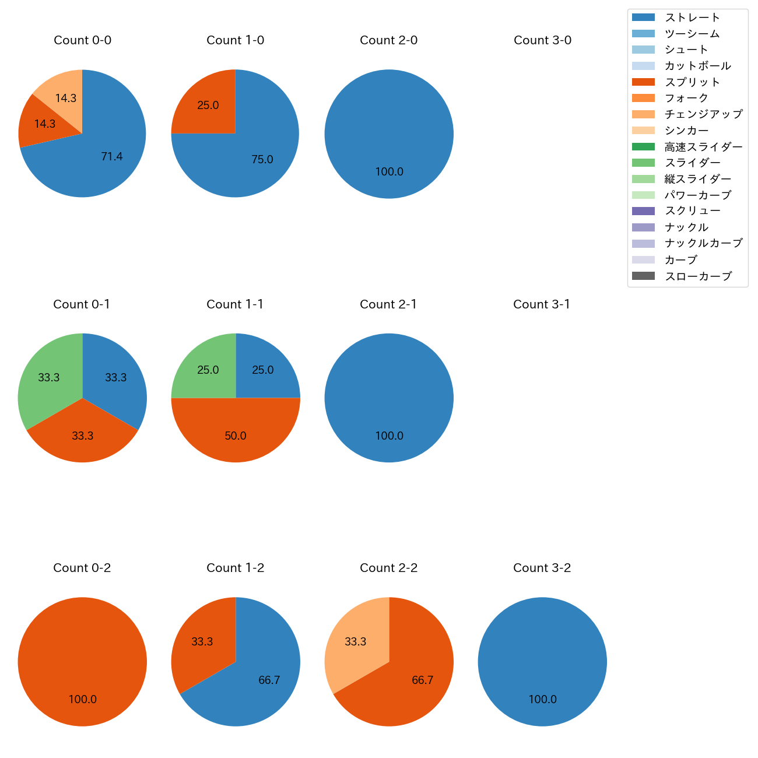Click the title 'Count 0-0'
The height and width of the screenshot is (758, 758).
[82, 40]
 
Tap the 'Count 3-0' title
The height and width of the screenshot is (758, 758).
[542, 40]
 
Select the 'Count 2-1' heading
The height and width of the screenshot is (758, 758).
[388, 304]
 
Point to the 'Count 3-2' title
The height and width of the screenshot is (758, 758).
[542, 568]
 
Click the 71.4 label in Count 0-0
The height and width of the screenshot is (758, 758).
[111, 156]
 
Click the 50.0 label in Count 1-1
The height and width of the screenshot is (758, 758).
[236, 436]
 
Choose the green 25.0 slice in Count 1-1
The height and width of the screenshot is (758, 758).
[208, 370]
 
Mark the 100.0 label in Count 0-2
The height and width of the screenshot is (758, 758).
[82, 700]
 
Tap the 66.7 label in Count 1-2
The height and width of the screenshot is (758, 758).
[269, 680]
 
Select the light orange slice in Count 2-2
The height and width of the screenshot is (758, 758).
[356, 642]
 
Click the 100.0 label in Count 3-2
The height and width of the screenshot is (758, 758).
[542, 700]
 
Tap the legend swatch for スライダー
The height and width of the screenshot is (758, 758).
[643, 163]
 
